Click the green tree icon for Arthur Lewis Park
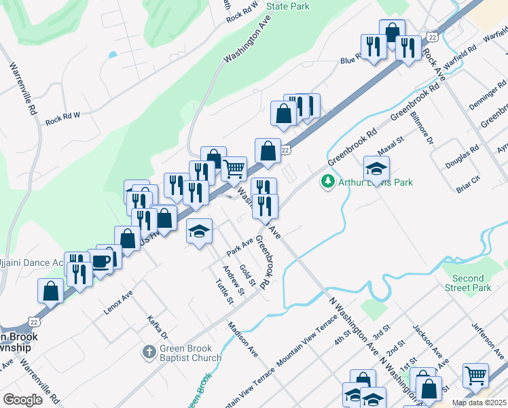[x=328, y=182]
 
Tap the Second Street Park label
[x=469, y=283]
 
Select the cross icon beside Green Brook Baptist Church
[x=149, y=352]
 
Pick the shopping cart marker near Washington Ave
[x=234, y=167]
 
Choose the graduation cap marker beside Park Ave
[x=199, y=231]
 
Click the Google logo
[x=22, y=399]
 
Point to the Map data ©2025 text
[x=479, y=403]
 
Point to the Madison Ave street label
[x=243, y=339]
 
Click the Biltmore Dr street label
[x=420, y=128]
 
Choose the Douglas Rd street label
[x=462, y=160]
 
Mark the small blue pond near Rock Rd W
[x=112, y=54]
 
